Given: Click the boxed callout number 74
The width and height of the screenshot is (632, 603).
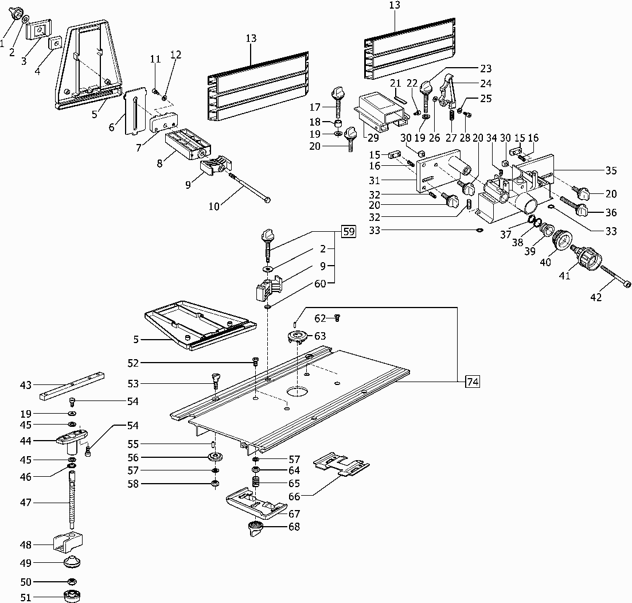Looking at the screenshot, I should [x=473, y=382].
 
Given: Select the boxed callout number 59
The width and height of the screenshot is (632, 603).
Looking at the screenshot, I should [x=348, y=232].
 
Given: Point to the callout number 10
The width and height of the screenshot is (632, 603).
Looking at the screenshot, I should [x=214, y=207].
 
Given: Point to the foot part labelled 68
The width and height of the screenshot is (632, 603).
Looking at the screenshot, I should [x=256, y=527].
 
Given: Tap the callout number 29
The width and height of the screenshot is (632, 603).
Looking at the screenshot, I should [x=373, y=138].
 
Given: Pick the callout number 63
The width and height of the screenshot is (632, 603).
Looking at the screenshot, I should [x=319, y=336].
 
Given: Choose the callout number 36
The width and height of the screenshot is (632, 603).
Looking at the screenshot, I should [x=611, y=212].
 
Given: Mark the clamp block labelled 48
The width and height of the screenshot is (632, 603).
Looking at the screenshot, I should [x=67, y=540].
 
